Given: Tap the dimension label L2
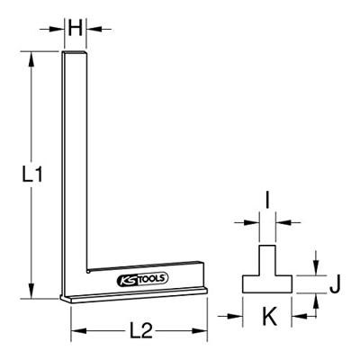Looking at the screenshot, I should click(139, 329).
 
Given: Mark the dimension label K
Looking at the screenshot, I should click(267, 316).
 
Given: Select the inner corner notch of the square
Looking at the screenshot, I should click(88, 269).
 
